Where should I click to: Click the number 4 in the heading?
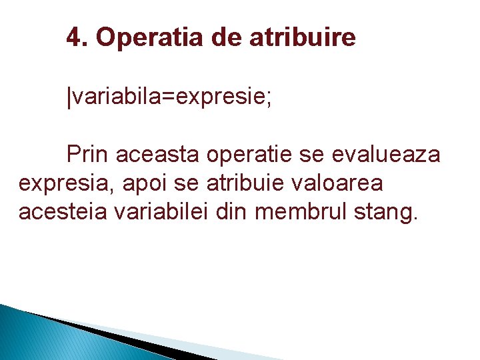coord(73,38)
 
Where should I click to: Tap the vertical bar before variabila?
coord(69,97)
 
